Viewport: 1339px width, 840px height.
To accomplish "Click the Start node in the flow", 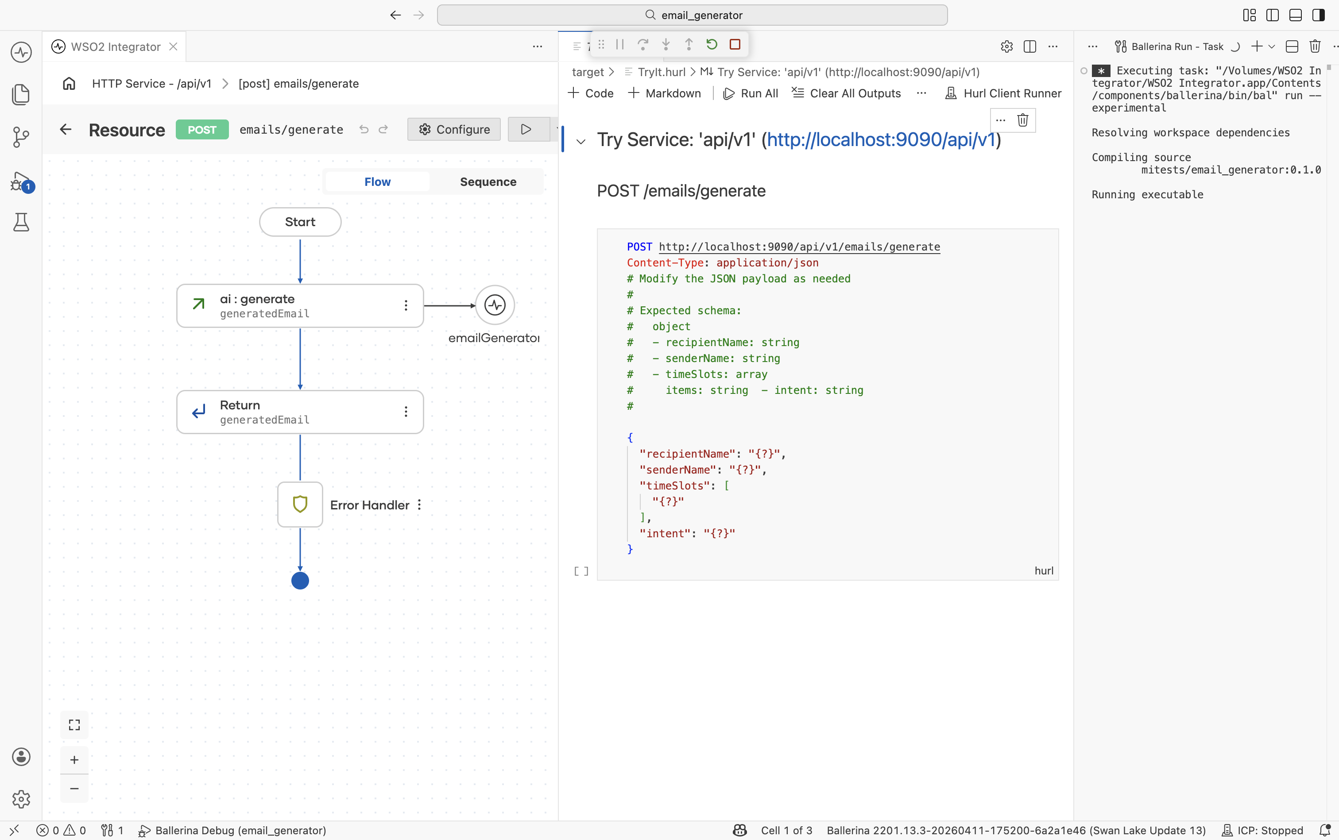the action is (300, 222).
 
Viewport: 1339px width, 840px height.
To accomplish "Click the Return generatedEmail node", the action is (300, 412).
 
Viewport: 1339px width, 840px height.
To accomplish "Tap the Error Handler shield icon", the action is (300, 504).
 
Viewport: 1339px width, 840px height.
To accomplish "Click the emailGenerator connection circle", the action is (495, 305).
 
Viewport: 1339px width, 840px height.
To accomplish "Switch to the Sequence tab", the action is (488, 181).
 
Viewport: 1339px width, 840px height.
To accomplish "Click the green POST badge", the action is (202, 129).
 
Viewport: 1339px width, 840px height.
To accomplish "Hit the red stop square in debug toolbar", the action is (735, 44).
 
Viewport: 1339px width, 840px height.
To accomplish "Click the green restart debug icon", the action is (712, 44).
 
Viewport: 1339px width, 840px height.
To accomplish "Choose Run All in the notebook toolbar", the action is (751, 93).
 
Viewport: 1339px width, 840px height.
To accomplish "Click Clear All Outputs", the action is (846, 93).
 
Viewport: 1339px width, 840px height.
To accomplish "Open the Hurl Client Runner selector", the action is (1003, 93).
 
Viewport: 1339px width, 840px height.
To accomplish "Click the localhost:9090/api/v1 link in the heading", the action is (881, 139).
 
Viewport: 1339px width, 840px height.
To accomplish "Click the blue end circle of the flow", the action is (300, 581).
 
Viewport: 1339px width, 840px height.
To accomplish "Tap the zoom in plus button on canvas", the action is (74, 759).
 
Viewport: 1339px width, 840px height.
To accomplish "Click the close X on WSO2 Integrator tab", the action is (174, 46).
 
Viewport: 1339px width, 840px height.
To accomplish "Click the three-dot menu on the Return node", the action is (406, 412).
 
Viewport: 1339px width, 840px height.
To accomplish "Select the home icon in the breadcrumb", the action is (69, 83).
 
